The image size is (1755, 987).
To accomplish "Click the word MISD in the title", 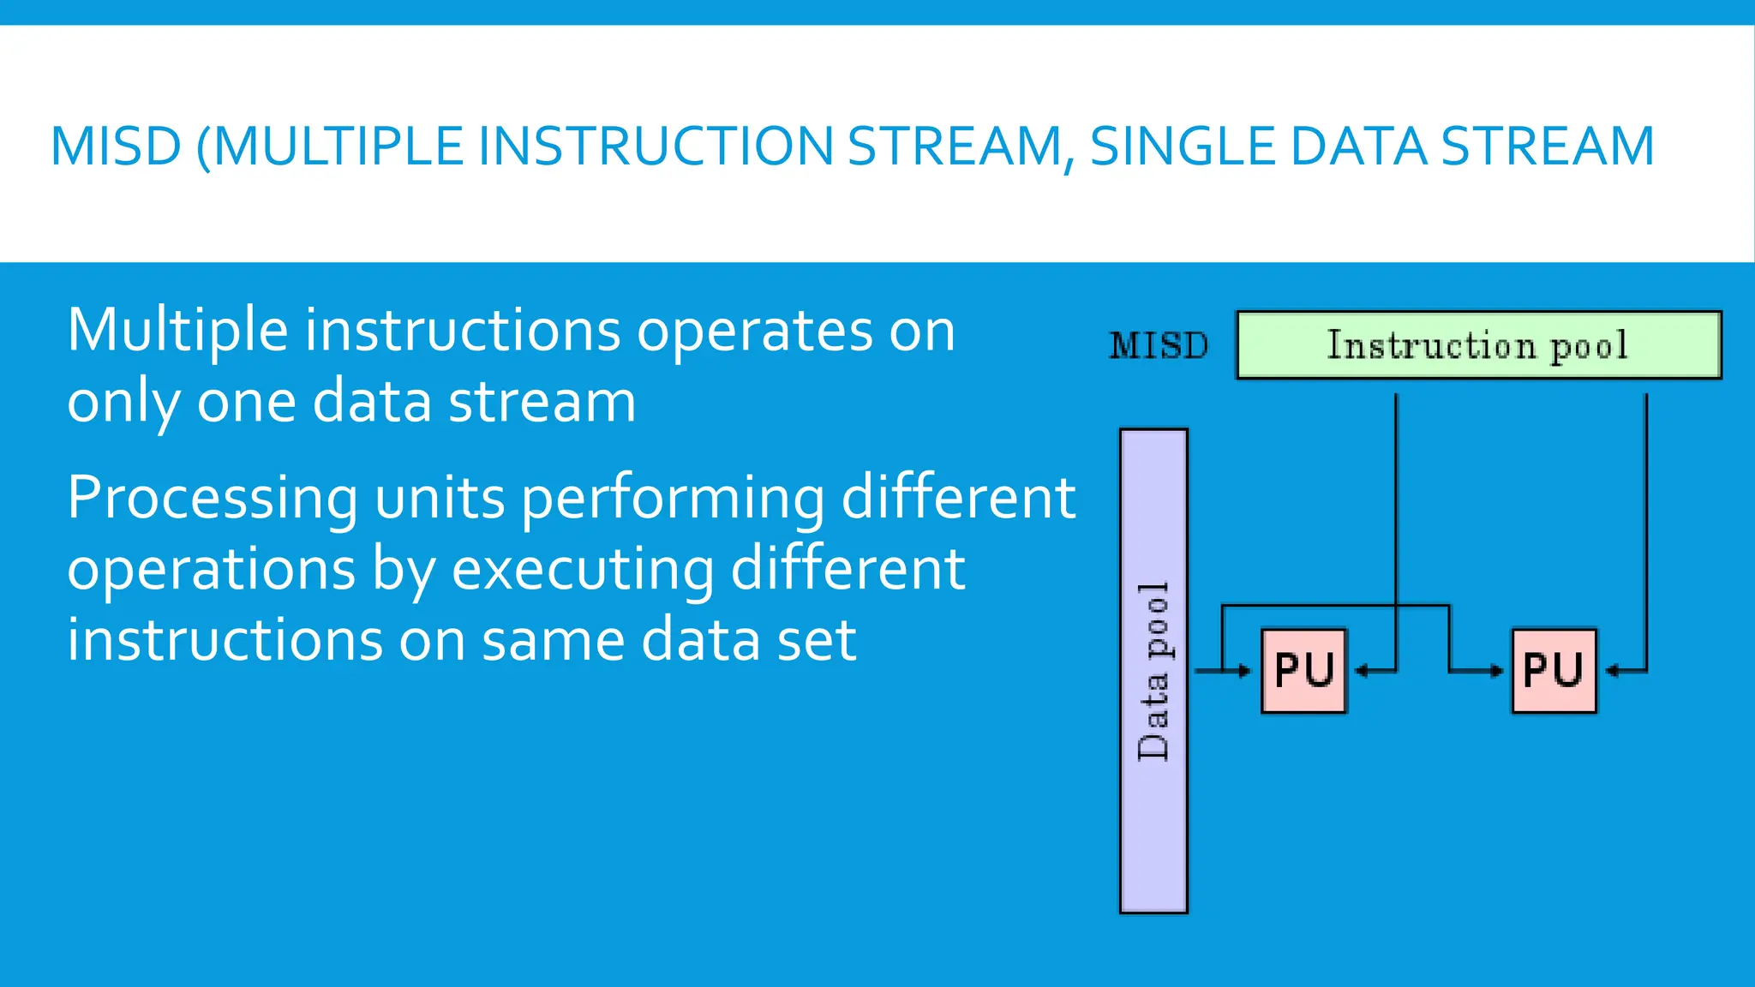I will coord(116,147).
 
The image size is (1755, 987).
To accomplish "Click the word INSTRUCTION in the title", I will coord(655,147).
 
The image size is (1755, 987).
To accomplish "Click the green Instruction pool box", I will coord(1478,345).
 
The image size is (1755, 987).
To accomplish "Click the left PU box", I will coord(1303,671).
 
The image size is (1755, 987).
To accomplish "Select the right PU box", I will coord(1554,671).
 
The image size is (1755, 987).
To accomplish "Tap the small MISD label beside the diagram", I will coord(1159,346).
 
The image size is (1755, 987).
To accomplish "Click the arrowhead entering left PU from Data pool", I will coord(1246,671).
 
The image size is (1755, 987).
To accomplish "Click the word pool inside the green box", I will coord(1589,346).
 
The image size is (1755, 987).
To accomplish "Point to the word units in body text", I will coord(440,499).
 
